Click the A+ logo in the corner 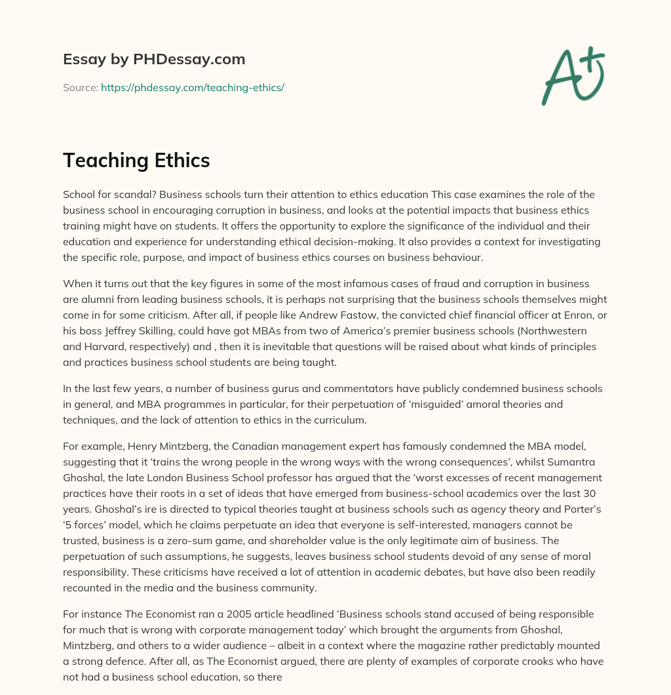click(x=573, y=74)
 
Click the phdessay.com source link click(x=192, y=87)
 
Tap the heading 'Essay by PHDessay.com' click(x=154, y=59)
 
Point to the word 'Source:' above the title click(x=80, y=87)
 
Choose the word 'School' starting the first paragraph click(x=79, y=195)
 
